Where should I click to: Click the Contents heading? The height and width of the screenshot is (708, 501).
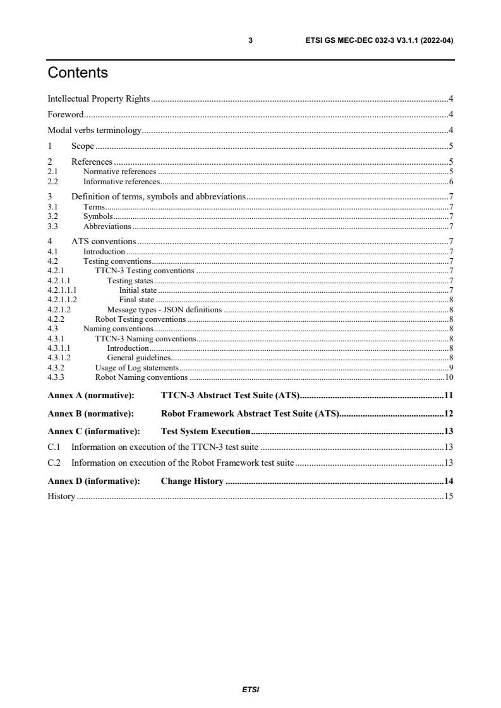pos(78,73)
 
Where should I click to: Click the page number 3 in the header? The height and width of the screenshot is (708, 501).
pos(250,40)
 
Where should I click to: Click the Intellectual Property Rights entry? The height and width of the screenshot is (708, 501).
pos(99,98)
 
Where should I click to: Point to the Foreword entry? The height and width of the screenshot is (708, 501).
pos(66,115)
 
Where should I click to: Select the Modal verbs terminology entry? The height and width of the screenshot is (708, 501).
pos(95,131)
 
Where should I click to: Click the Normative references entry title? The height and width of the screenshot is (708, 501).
pos(119,172)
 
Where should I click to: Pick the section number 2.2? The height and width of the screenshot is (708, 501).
pos(53,182)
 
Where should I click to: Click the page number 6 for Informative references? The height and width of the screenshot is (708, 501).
pos(451,182)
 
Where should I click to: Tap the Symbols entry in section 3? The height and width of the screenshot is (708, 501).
pos(98,216)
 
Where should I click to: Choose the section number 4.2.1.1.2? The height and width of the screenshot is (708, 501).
pos(62,300)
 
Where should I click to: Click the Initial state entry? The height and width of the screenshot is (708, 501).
pos(138,290)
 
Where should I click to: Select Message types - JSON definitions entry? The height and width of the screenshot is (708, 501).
pos(164,310)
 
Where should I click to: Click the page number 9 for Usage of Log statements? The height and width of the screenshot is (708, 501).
pos(451,368)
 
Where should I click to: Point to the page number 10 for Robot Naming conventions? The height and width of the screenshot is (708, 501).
pos(449,377)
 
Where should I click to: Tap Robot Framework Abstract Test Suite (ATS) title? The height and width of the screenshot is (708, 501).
pos(251,414)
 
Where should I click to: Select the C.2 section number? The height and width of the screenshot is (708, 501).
pos(54,463)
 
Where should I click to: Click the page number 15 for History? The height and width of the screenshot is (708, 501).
pos(449,497)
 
